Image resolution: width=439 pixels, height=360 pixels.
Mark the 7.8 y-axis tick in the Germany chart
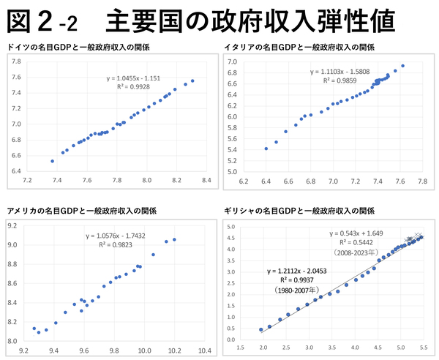(x=16, y=61)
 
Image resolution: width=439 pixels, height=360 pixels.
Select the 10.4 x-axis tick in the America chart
(x=204, y=350)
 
